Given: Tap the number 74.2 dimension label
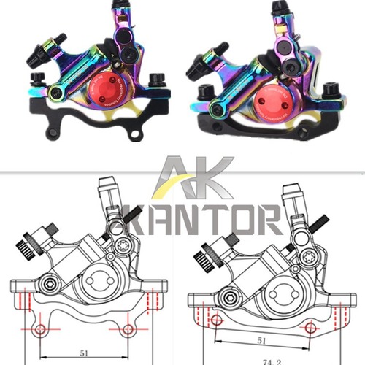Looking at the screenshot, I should pos(273,359).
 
